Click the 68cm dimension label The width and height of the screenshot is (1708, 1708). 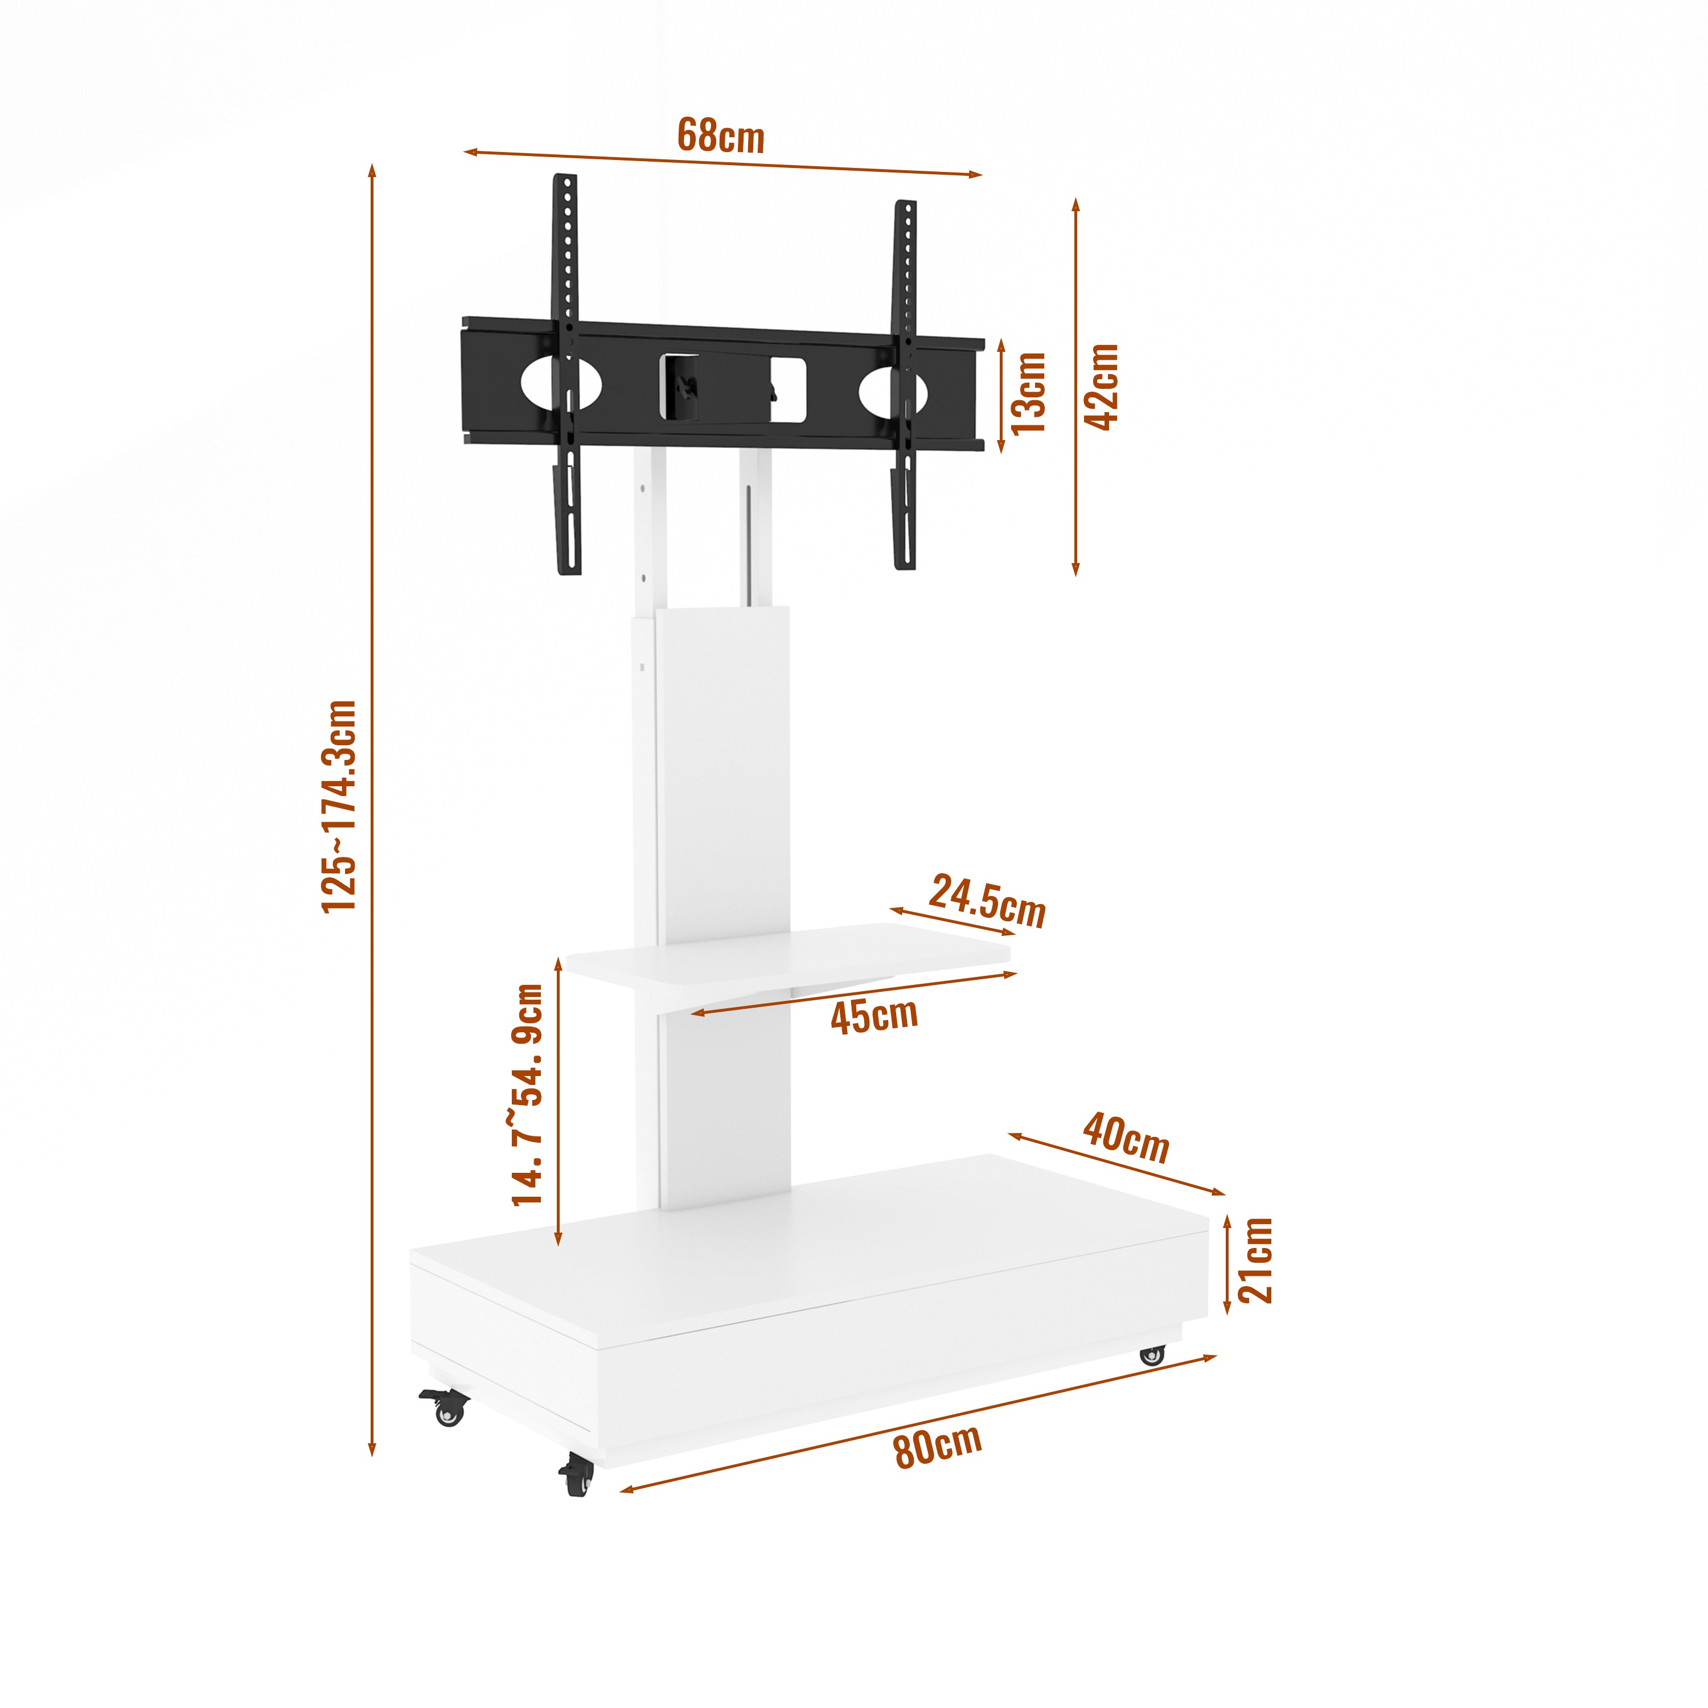721,136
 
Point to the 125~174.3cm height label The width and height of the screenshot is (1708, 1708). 339,806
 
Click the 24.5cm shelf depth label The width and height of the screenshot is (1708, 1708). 987,902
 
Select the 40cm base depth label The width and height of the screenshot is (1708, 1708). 1126,1138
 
